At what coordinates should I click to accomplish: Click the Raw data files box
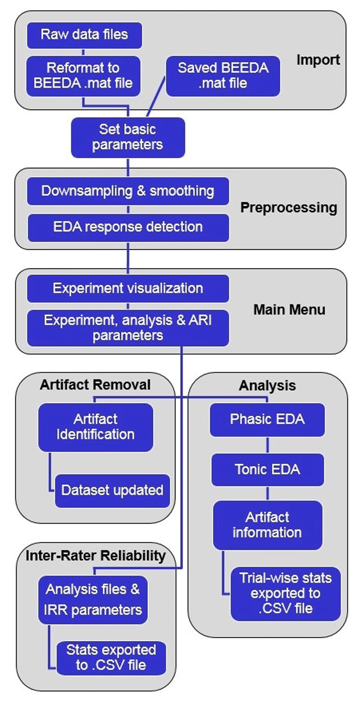tap(84, 35)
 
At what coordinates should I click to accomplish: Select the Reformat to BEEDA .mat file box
tap(83, 76)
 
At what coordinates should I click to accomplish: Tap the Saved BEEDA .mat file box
tap(223, 76)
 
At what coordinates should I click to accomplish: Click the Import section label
tap(318, 60)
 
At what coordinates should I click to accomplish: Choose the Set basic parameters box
tap(128, 137)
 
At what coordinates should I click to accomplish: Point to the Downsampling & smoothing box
tap(128, 191)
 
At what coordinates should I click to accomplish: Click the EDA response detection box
tap(128, 227)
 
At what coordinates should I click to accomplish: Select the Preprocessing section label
tap(288, 207)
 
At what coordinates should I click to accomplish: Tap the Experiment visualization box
tap(128, 288)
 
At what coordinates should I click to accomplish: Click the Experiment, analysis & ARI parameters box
tap(128, 328)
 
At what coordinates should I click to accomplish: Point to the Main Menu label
tap(289, 310)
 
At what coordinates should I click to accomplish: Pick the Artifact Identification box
tap(95, 427)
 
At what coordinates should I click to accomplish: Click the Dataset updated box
tap(112, 490)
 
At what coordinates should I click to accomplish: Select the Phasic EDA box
tap(267, 419)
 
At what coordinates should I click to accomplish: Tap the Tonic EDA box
tap(267, 470)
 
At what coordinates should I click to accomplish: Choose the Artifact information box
tap(267, 525)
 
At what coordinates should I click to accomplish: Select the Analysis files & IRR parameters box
tap(93, 600)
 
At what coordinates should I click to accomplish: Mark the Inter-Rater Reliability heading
tap(95, 556)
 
